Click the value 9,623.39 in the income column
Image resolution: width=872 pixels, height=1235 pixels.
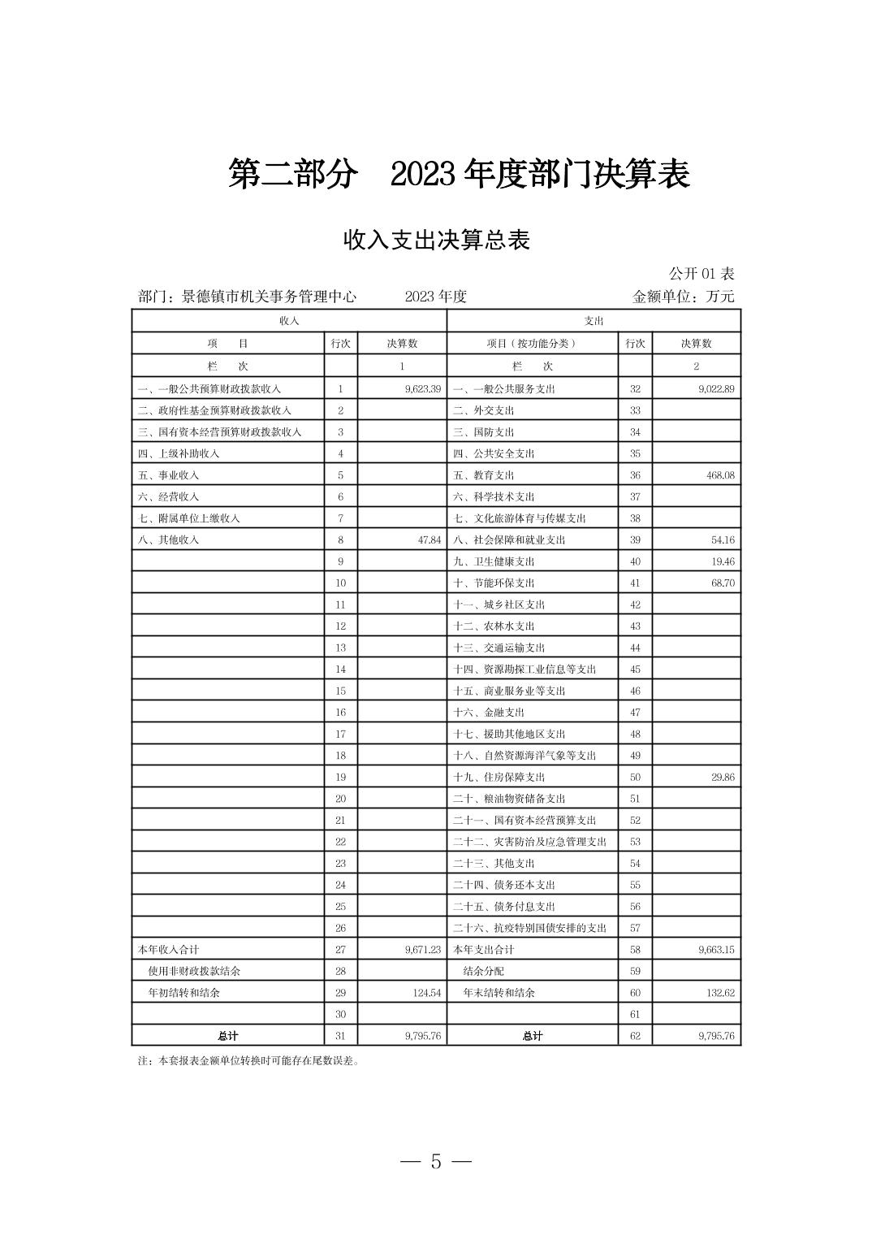pos(422,389)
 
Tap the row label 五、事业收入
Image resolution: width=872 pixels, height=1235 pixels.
pos(169,475)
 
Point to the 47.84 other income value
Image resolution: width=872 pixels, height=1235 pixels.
pos(429,539)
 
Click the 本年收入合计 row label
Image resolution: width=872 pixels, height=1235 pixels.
pos(168,949)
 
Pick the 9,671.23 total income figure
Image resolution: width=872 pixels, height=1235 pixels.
pos(422,949)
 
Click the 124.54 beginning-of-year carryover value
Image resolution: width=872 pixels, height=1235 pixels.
pos(425,992)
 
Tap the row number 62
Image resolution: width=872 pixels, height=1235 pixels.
pos(635,1036)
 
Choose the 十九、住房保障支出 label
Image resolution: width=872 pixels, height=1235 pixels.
pos(499,777)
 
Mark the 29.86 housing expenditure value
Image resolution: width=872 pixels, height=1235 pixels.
pos(722,777)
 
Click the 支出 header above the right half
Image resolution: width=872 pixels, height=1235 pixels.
pos(594,321)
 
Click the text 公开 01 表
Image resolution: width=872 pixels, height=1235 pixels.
pos(701,274)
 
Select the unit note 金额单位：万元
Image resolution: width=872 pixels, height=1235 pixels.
pos(683,297)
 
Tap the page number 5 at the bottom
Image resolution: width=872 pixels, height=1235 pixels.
pos(436,1161)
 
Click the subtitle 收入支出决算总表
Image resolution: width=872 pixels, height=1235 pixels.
pos(436,240)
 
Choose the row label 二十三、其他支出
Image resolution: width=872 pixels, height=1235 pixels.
pos(494,863)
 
